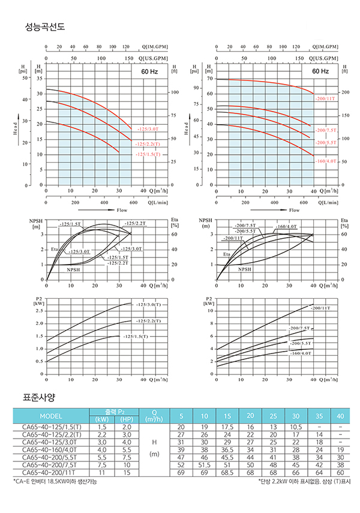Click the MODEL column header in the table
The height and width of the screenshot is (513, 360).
50,416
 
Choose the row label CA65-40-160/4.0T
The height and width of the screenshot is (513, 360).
50,449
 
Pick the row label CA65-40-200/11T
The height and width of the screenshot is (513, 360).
50,472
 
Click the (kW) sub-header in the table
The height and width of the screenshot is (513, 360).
101,419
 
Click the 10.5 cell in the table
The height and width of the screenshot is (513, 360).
295,426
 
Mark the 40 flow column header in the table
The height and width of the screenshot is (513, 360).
340,416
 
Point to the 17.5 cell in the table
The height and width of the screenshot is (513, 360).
227,426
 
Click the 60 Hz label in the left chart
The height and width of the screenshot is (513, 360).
146,71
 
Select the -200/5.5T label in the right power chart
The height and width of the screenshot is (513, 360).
300,343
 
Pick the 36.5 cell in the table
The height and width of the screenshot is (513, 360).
227,449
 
